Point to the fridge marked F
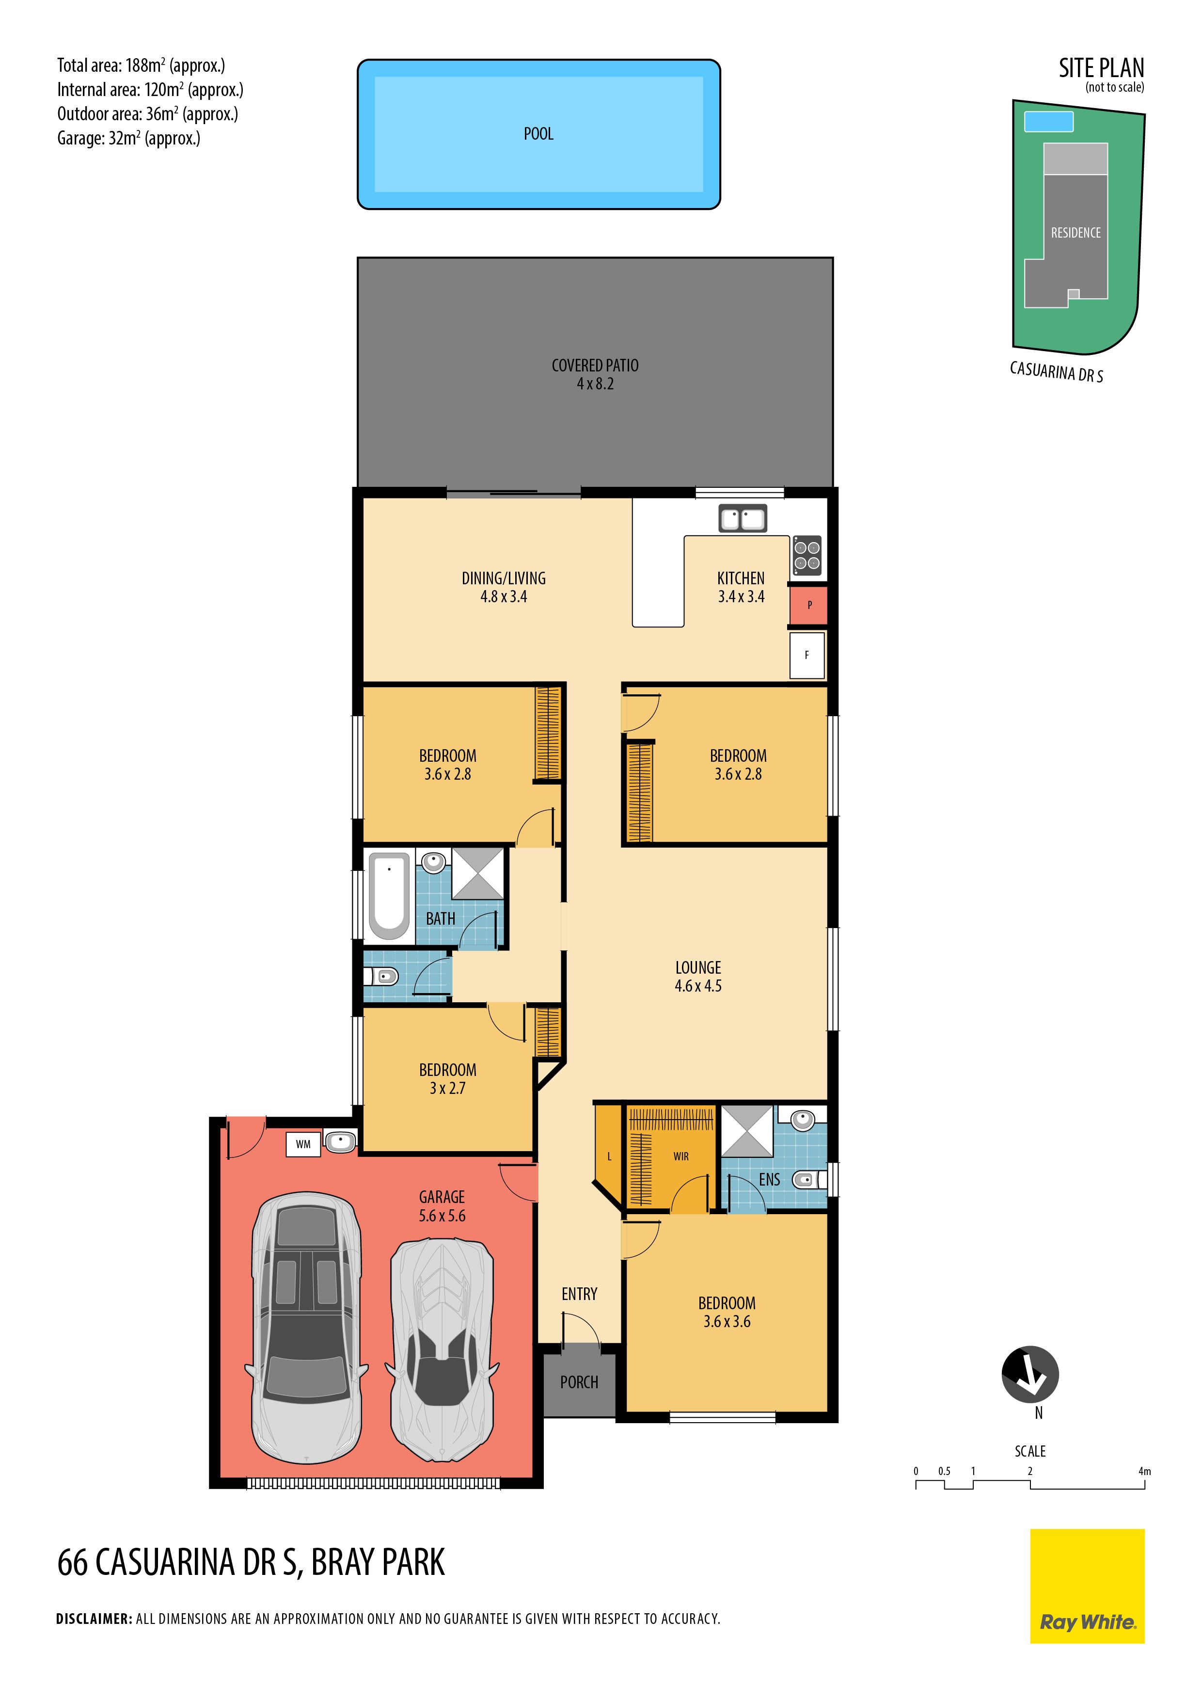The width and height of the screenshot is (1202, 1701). [807, 655]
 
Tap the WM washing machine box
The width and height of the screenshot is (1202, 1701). [303, 1144]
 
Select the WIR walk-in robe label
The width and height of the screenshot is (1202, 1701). [680, 1156]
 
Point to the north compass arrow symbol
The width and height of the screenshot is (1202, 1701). [1029, 1374]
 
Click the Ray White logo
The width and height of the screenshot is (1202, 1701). [1087, 1586]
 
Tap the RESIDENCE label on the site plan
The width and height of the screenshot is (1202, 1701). [1075, 233]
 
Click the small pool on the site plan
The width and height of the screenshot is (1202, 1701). [1048, 121]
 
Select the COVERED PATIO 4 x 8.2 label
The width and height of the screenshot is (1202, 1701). [595, 374]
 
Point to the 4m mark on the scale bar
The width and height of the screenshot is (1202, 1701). [1144, 1471]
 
